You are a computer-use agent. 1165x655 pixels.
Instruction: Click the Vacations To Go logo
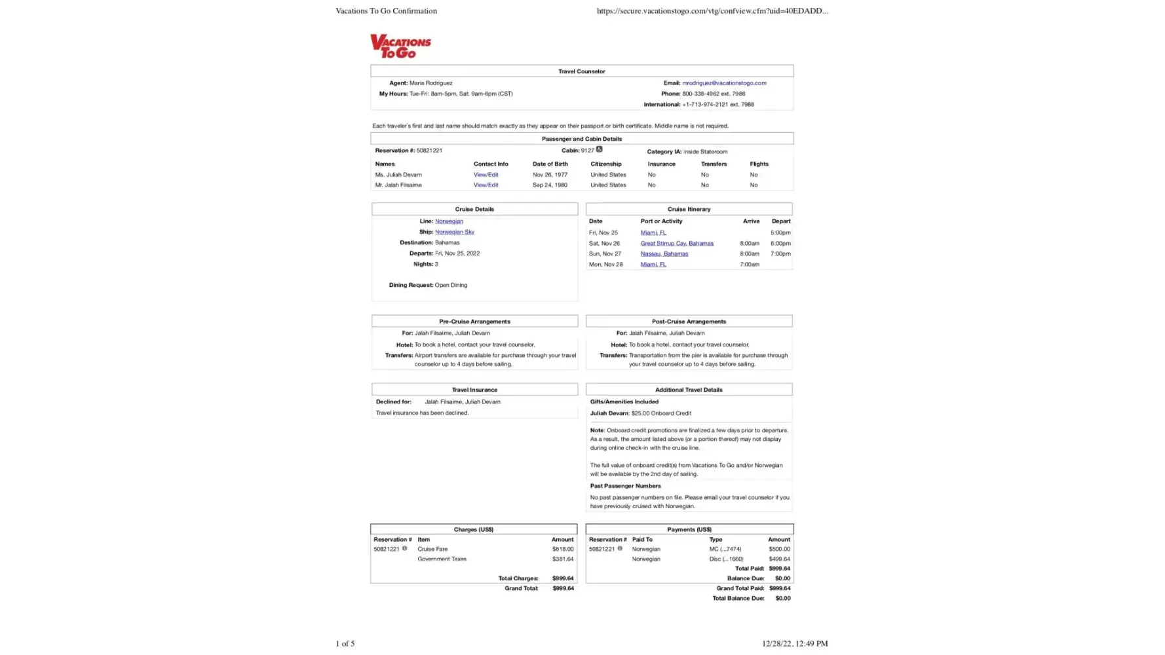coord(400,46)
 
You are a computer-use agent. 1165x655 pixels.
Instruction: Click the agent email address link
coord(723,83)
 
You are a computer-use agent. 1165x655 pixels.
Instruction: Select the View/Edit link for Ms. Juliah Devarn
coord(486,175)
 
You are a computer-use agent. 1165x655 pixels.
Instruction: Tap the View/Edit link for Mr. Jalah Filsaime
coord(486,185)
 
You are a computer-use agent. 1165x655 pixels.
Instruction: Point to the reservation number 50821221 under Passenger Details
coord(429,151)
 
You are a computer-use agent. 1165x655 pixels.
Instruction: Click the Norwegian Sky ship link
coord(454,232)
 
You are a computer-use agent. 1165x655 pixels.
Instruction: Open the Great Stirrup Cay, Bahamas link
coord(676,244)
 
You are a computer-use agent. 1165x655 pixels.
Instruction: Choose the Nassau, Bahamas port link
coord(664,254)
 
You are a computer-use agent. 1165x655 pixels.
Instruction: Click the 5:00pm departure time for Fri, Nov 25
coord(780,233)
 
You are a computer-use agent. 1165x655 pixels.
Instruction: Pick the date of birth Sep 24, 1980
coord(549,185)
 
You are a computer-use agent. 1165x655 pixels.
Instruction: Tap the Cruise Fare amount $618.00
coord(562,550)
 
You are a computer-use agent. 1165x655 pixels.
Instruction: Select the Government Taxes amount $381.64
coord(562,559)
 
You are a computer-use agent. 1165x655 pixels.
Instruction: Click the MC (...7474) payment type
coord(725,550)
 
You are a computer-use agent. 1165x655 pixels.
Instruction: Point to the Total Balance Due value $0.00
coord(782,599)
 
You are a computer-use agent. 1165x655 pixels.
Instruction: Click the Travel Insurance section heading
coord(474,390)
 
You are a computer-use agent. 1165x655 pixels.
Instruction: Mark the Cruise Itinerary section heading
coord(689,210)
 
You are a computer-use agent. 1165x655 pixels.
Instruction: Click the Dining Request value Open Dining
coord(451,286)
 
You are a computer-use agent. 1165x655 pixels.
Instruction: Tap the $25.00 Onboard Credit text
coord(661,414)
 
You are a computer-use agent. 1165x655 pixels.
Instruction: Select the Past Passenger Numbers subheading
coord(625,487)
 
